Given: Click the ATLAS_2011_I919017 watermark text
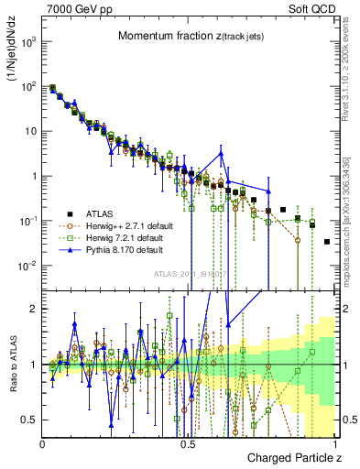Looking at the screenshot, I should point(188,273).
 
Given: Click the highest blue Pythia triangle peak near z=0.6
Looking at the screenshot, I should point(221,152).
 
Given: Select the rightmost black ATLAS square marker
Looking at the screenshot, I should point(327,242).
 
